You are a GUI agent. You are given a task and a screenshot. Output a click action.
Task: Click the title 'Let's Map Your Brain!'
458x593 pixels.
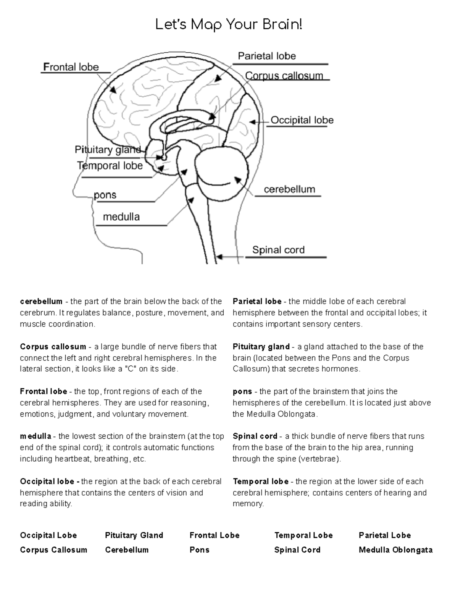coord(229,25)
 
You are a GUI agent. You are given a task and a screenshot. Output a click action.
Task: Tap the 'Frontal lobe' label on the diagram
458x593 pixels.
coord(71,67)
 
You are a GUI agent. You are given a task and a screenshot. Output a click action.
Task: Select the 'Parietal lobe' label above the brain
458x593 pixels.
coord(267,56)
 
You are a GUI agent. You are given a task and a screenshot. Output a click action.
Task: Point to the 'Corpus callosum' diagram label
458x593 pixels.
coord(284,76)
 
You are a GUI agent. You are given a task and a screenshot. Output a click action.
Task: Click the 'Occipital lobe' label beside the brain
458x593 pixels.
coord(302,120)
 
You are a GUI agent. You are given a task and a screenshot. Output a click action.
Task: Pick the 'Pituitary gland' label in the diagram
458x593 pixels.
coord(107,150)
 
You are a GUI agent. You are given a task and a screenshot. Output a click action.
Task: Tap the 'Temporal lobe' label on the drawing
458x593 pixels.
coord(110,166)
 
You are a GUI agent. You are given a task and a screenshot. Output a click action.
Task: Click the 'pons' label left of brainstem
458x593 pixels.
coord(105,195)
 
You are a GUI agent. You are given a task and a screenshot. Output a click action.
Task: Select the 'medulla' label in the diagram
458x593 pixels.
coord(121,217)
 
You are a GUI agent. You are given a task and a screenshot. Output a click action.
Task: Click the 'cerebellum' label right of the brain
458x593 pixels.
coord(289,189)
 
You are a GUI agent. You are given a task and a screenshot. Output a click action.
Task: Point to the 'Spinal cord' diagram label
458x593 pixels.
coord(278,250)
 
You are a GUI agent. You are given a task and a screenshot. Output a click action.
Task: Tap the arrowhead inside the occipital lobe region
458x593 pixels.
coord(252,122)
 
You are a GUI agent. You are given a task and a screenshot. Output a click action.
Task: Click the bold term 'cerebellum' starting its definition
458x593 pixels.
coord(41,302)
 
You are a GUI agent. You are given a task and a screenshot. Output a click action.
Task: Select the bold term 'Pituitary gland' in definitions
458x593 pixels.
coord(261,347)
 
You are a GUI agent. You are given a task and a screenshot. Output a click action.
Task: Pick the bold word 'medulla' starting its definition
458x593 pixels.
coord(35,436)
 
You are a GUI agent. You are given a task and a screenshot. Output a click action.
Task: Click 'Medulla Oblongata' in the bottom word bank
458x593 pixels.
coord(395,550)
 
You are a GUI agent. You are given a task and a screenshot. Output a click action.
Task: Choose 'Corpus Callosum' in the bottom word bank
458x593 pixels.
coord(53,550)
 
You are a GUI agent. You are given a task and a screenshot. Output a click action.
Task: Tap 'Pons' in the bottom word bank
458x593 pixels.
coord(199,550)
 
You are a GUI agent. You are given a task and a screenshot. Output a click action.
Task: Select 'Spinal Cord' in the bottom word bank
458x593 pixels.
coord(297,550)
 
